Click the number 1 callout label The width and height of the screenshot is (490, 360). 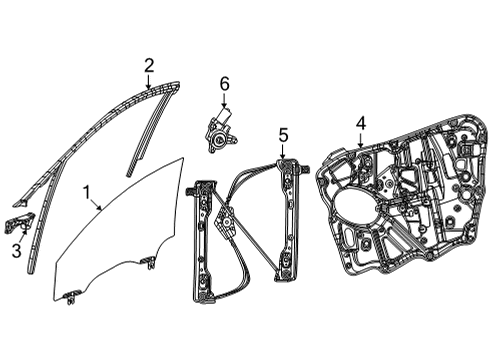click(x=87, y=189)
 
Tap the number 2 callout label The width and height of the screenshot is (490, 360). click(x=149, y=66)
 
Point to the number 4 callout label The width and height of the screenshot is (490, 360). click(x=361, y=124)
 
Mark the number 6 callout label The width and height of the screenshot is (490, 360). click(x=225, y=85)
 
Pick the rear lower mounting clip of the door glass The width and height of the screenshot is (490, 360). click(x=148, y=262)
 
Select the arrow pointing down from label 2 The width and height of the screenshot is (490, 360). click(x=150, y=82)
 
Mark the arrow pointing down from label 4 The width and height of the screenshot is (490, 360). click(x=361, y=141)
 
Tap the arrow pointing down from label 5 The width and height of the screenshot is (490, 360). click(x=283, y=150)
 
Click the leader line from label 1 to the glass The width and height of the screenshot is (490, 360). click(x=96, y=203)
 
